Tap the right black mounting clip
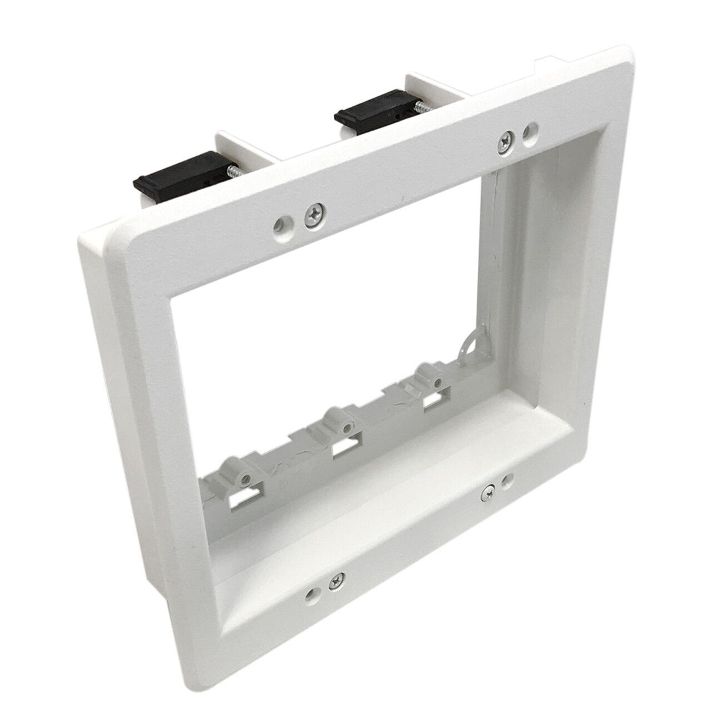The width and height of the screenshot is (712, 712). click(x=370, y=101)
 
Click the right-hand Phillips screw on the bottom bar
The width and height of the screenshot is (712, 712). click(x=488, y=490)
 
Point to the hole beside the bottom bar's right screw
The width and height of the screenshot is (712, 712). click(x=506, y=481)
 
